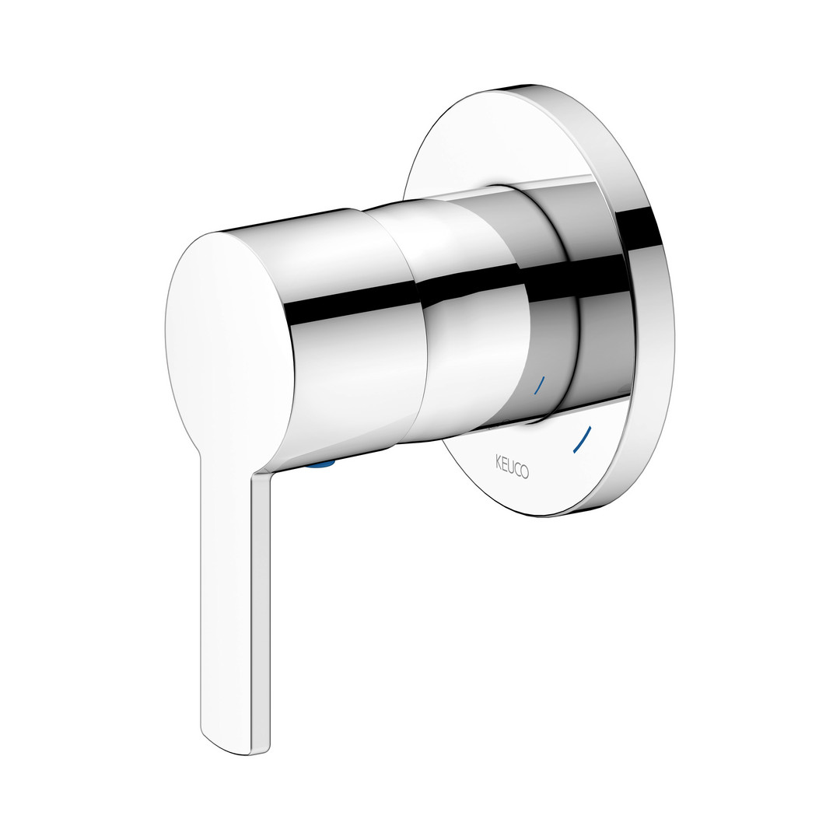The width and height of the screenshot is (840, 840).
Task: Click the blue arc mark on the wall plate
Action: coord(582,439)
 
